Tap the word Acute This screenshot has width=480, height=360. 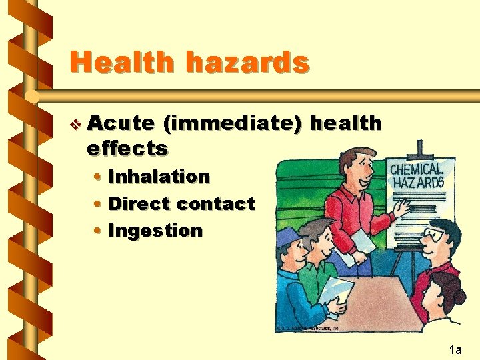click(x=120, y=123)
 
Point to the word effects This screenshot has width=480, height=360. click(x=127, y=148)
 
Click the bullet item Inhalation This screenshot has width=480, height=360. click(x=159, y=177)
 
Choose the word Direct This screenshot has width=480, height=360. click(x=137, y=203)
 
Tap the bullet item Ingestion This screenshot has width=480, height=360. click(x=155, y=231)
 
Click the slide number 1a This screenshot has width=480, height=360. click(x=456, y=349)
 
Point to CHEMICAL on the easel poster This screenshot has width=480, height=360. click(x=416, y=169)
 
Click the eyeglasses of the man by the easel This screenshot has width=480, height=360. click(x=435, y=235)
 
